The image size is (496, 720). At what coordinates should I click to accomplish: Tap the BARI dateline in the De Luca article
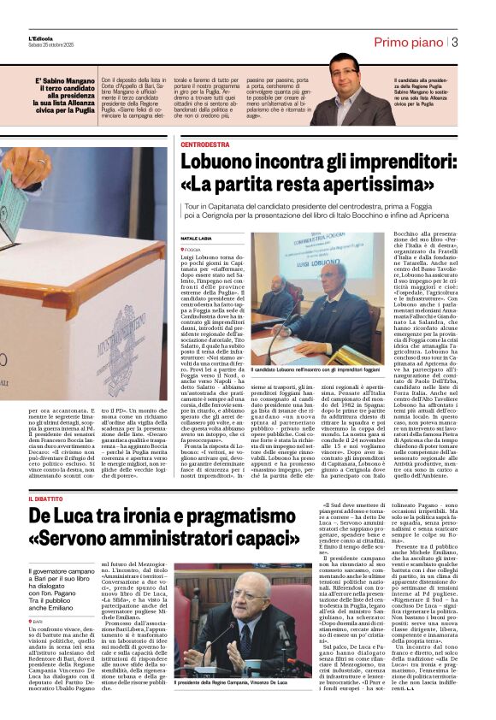tap(38, 597)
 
